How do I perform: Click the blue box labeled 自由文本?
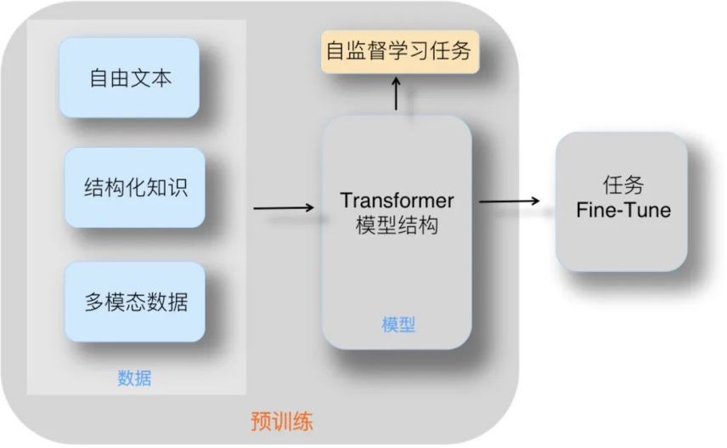129,77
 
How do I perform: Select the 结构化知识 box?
135,188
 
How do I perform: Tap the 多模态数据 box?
135,302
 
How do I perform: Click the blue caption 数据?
134,378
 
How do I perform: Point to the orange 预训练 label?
282,422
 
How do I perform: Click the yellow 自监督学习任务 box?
400,51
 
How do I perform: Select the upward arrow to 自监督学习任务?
396,94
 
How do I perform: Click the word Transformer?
397,201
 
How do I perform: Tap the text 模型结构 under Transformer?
397,225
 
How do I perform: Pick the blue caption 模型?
398,325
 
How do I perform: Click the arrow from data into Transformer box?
284,207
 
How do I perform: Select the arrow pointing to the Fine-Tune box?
510,201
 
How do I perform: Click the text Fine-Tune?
623,210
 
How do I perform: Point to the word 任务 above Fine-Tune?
623,184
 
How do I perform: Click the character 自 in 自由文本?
99,77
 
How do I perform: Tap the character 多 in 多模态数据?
93,302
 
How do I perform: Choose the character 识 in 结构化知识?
178,188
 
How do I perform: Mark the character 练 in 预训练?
303,422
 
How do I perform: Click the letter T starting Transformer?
347,200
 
